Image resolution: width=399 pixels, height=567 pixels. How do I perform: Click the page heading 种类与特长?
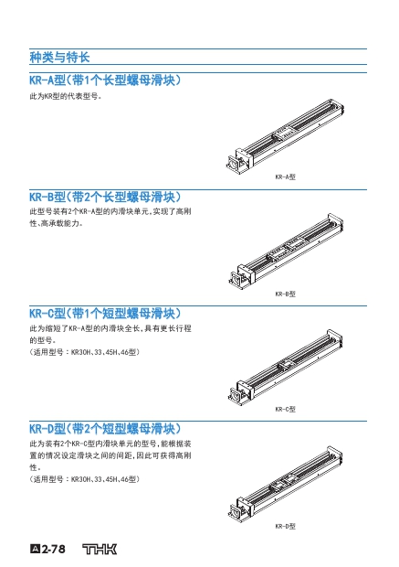coord(59,57)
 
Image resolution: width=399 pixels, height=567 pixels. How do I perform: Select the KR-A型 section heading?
coord(105,80)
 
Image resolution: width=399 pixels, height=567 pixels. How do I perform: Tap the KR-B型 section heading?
coord(105,197)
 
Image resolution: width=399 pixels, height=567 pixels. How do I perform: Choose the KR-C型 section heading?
coord(105,313)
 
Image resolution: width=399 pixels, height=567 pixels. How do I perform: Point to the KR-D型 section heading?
coord(105,429)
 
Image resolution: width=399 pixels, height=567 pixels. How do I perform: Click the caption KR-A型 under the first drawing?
coord(285,177)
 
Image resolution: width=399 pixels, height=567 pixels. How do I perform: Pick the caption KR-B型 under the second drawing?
coord(285,294)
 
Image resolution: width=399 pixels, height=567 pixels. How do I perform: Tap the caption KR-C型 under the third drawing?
coord(285,409)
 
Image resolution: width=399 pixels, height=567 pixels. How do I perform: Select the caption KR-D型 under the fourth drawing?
coord(285,526)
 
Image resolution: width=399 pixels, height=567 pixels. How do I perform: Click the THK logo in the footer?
coord(100,550)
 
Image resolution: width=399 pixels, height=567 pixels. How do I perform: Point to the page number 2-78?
coord(48,550)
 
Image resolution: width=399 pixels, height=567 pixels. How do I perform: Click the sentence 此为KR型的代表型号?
coord(66,97)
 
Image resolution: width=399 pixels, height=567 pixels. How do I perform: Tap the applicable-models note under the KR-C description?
coord(85,352)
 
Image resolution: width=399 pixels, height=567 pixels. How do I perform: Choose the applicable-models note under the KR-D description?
coord(85,479)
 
